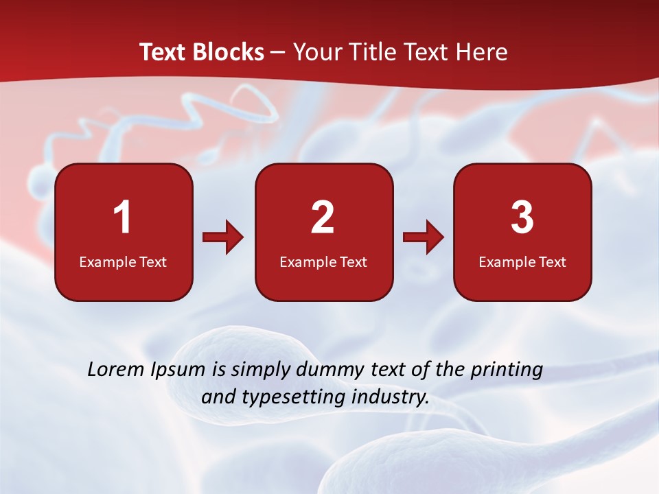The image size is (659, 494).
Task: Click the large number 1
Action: point(123,217)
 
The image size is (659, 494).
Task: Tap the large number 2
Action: point(323,217)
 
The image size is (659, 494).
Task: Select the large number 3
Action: point(522,217)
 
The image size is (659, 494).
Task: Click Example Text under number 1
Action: point(123,261)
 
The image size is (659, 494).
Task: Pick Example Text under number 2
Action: point(323,261)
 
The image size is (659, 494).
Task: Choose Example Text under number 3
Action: point(522,261)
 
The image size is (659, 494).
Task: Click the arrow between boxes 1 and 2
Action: point(223,237)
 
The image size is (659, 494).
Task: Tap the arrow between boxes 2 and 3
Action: point(424,237)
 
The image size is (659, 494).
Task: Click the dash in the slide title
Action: point(278,53)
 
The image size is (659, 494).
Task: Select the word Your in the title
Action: point(314,52)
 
